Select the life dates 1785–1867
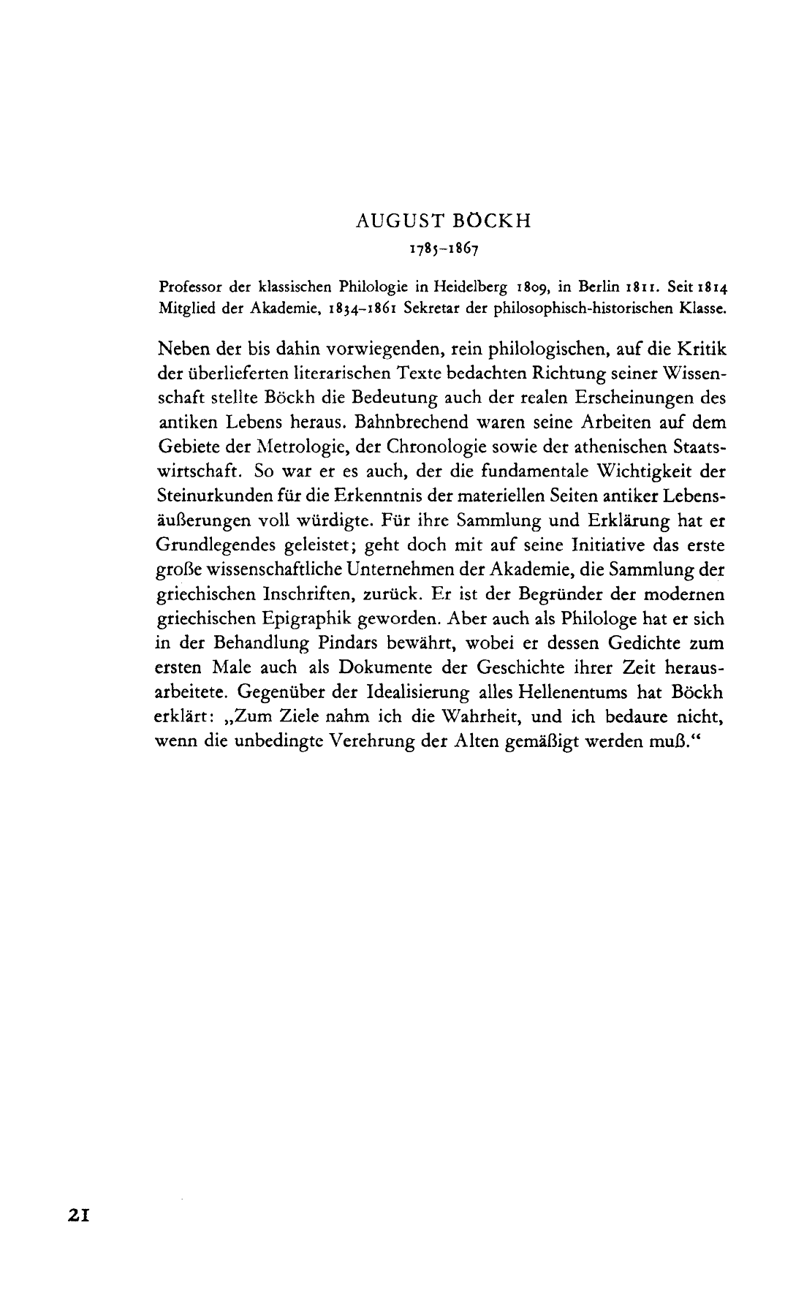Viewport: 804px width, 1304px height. coord(444,249)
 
